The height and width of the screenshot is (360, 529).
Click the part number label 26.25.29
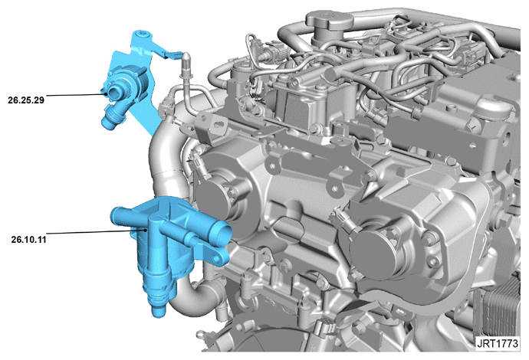coord(26,100)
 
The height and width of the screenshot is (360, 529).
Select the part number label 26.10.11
coord(28,240)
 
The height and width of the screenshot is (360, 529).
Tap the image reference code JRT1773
coord(498,343)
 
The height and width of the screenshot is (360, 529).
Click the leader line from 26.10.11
coord(96,231)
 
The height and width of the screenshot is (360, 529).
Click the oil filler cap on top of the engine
coord(329,21)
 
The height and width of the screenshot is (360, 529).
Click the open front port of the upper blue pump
coord(113,93)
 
